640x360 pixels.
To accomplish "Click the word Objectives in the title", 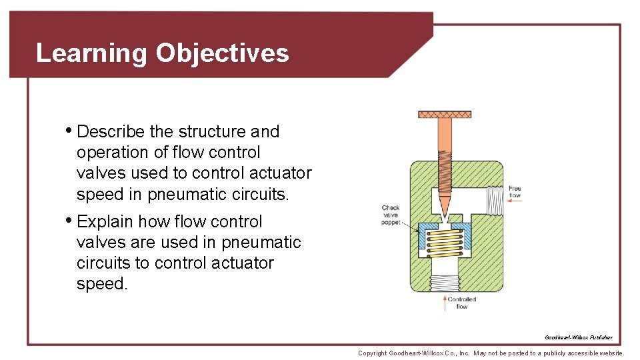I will coord(222,53).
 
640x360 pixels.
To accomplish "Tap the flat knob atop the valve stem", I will coord(445,115).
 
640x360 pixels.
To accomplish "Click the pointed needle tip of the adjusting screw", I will coord(445,212).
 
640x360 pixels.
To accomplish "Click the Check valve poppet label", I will coord(391,215).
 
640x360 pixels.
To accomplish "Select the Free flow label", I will coord(515,192).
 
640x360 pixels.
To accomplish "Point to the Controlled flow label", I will coord(462,303).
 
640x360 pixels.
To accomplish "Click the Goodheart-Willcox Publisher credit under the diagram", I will coord(578,338).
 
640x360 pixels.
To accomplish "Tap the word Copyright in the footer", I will coord(373,353).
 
